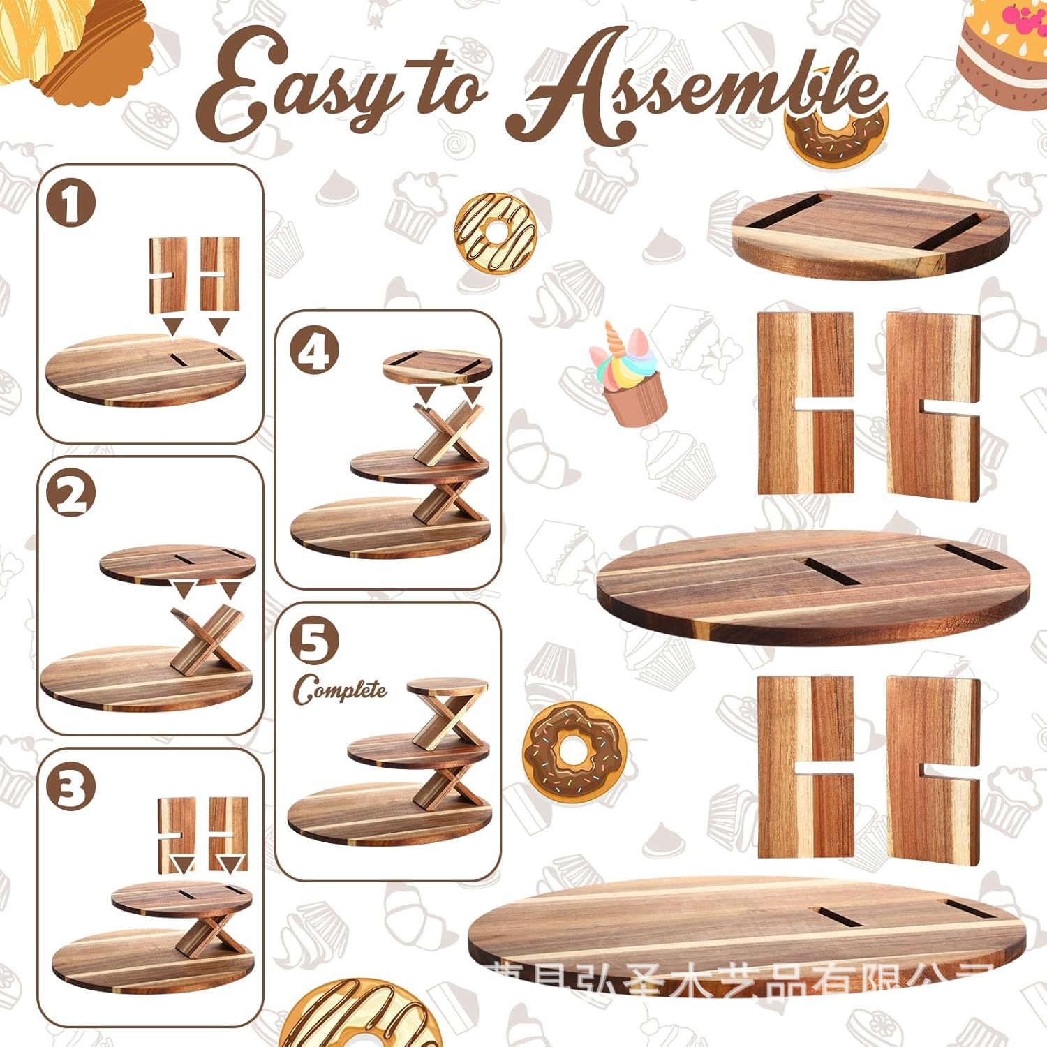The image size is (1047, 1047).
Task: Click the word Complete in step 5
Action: (340, 690)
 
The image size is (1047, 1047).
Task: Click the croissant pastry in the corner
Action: (77, 45)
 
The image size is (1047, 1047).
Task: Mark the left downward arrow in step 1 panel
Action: (171, 325)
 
